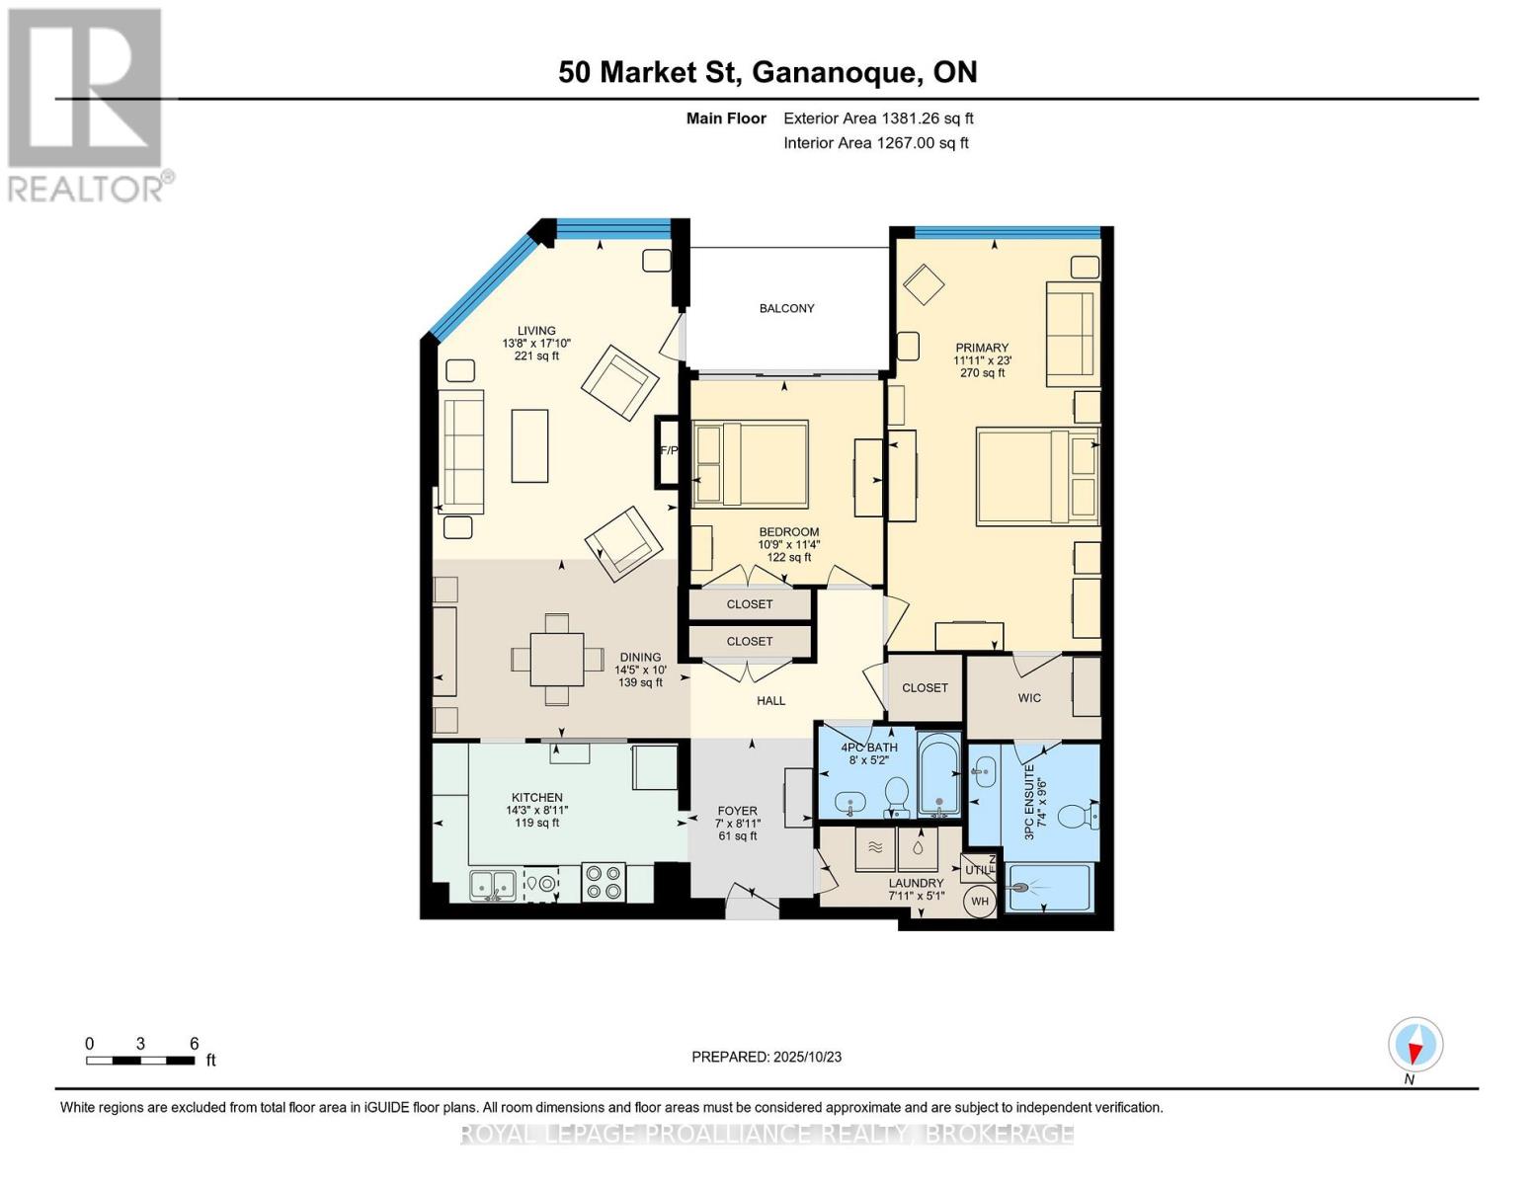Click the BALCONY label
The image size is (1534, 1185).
(786, 308)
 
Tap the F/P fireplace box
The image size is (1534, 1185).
(668, 451)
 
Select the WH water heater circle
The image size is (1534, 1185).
(979, 902)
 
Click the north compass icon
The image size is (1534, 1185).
(1415, 1045)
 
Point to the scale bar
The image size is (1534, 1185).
(140, 1061)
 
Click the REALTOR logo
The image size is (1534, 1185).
(87, 105)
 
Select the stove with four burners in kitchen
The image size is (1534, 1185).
(603, 882)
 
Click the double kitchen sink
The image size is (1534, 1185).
(492, 884)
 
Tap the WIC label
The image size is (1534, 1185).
(1029, 698)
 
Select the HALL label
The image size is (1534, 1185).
(770, 700)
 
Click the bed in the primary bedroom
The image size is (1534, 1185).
(1037, 475)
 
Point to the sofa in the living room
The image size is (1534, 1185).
(460, 451)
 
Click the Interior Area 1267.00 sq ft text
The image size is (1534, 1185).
(875, 143)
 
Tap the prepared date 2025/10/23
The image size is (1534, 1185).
(767, 1057)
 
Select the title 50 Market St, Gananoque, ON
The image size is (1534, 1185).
(767, 72)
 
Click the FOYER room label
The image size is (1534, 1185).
(737, 811)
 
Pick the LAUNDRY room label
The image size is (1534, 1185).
(916, 883)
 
